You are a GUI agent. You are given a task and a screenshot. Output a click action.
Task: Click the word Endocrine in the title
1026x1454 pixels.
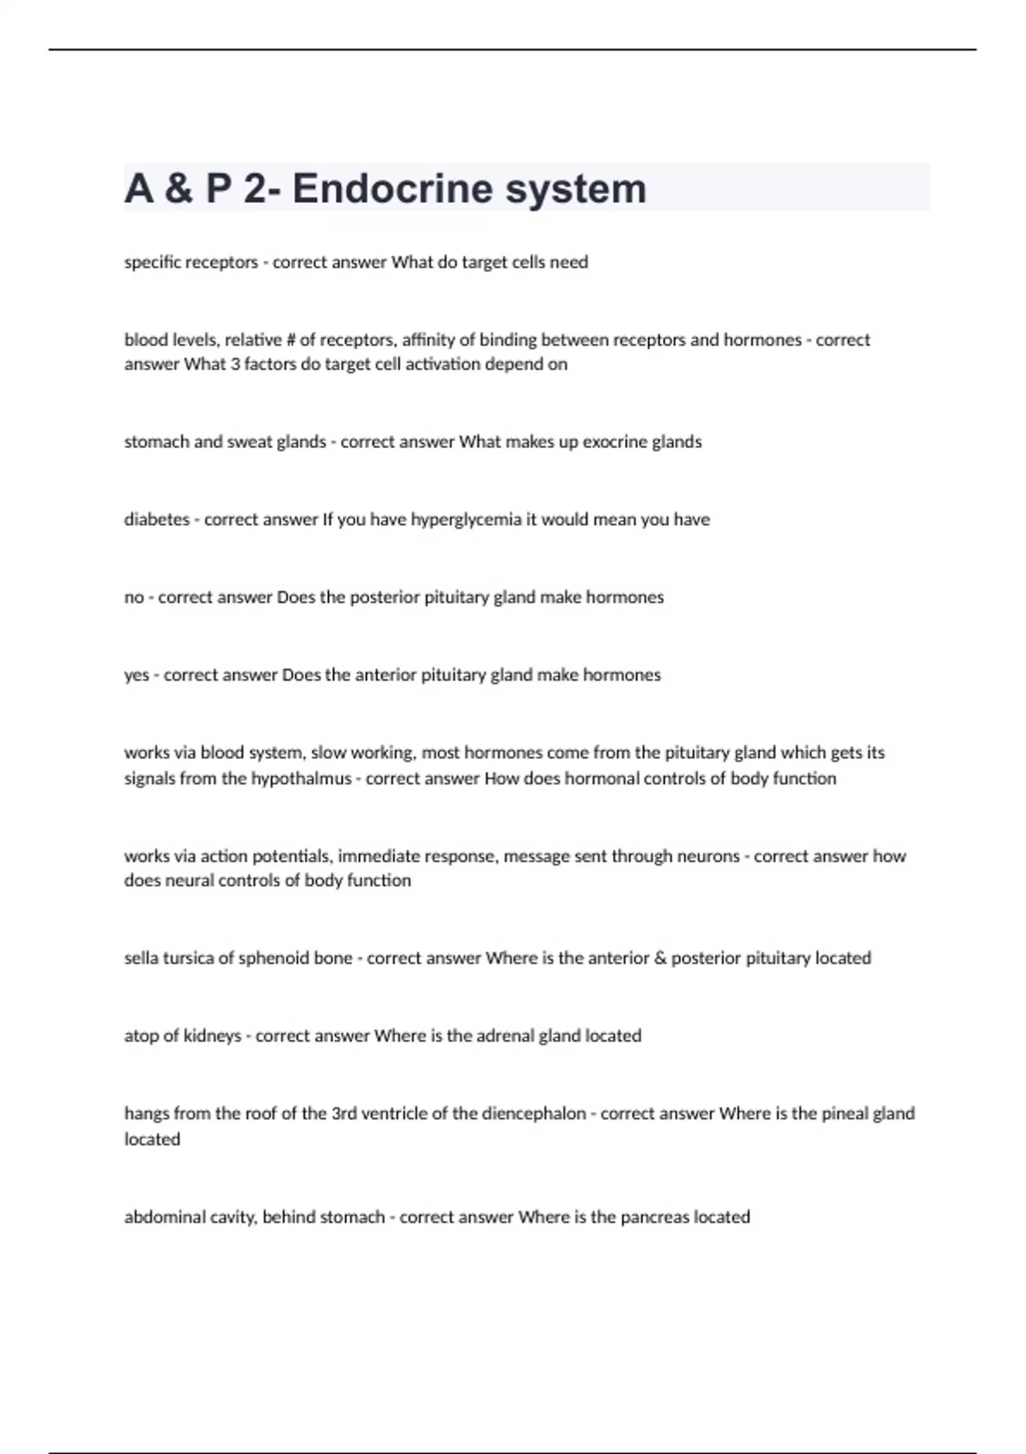(392, 188)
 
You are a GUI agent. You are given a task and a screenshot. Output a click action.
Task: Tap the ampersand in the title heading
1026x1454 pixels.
(178, 188)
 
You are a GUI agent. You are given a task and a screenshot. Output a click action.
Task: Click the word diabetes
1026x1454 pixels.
(156, 519)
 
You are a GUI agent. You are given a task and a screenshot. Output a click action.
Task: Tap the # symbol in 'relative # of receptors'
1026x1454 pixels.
(290, 340)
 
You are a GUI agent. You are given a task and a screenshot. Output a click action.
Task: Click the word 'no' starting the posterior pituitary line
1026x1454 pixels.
(133, 597)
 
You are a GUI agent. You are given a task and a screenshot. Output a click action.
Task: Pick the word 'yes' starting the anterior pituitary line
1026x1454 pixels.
(136, 675)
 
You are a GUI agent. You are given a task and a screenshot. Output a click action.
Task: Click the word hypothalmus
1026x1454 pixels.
(301, 778)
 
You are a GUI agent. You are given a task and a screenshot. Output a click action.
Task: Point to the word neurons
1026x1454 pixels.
(708, 856)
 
